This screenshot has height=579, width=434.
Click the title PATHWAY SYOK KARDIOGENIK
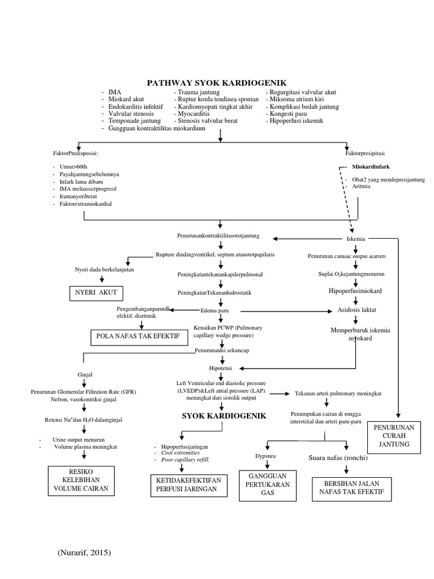click(x=217, y=83)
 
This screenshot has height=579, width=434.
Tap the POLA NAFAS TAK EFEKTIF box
click(x=139, y=336)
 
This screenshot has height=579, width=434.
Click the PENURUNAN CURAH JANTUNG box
click(x=396, y=437)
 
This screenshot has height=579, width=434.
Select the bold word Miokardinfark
click(x=371, y=167)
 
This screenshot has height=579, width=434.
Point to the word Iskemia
click(x=356, y=239)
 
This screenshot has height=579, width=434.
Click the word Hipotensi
click(x=220, y=368)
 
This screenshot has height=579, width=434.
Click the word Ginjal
click(x=85, y=374)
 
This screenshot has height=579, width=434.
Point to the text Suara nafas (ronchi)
click(x=338, y=457)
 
